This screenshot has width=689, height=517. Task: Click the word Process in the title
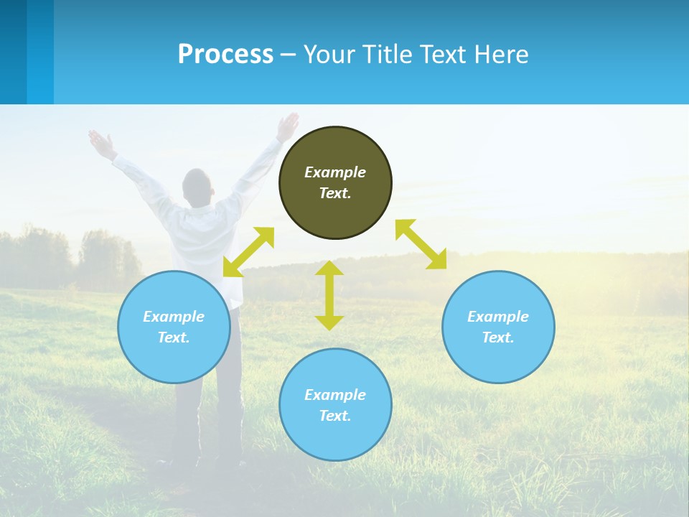click(225, 55)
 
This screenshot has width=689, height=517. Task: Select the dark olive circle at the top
click(335, 208)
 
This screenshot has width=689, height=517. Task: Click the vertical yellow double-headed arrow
click(329, 295)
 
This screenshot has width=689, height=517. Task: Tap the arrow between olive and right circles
click(421, 244)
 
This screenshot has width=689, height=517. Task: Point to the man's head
click(197, 185)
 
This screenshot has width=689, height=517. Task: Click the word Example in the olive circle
click(335, 172)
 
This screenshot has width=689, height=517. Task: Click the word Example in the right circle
click(498, 317)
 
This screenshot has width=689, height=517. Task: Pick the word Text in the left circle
click(173, 337)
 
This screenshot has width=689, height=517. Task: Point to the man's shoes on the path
click(205, 463)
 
